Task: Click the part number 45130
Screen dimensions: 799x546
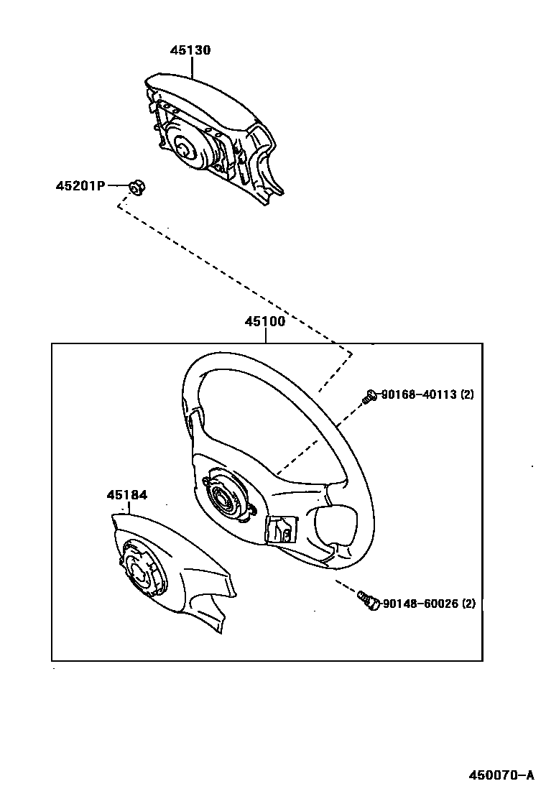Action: click(x=190, y=50)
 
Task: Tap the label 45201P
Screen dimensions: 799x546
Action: click(x=80, y=186)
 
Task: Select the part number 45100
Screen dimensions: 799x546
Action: click(x=265, y=321)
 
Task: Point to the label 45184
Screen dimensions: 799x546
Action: click(x=127, y=495)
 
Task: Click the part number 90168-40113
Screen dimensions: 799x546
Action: click(x=419, y=394)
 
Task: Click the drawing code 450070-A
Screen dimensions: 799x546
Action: click(x=501, y=775)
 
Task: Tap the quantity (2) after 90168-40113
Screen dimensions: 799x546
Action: click(x=467, y=394)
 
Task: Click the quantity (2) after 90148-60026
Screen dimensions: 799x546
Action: click(x=468, y=604)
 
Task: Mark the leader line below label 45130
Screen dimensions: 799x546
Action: click(x=192, y=66)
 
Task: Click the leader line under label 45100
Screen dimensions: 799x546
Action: click(x=265, y=336)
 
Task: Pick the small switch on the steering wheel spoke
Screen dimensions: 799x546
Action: click(x=280, y=529)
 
